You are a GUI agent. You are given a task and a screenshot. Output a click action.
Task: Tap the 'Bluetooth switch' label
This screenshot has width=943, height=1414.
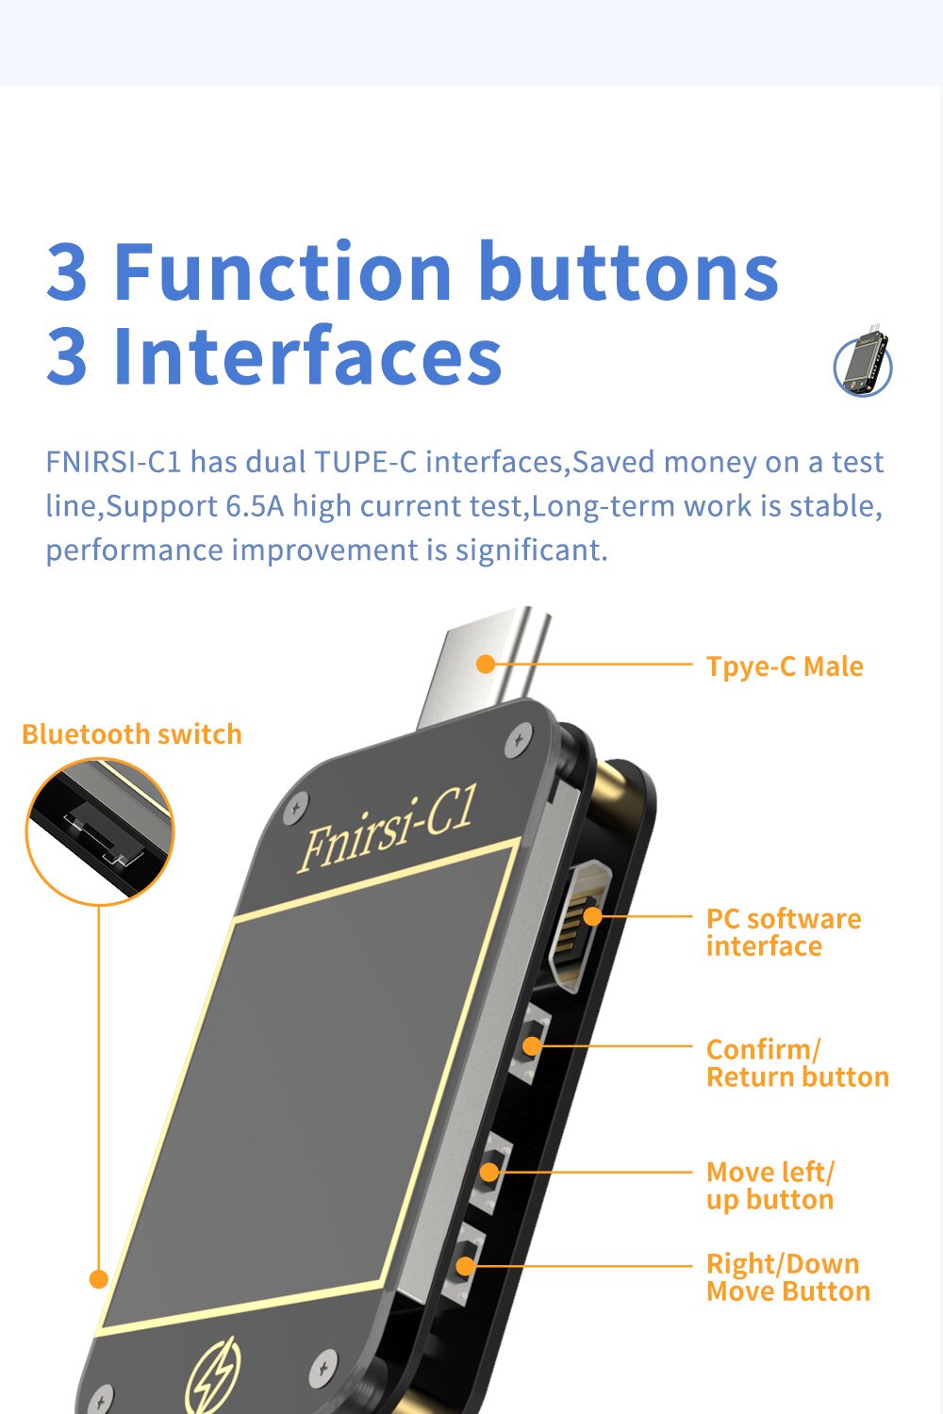tap(132, 734)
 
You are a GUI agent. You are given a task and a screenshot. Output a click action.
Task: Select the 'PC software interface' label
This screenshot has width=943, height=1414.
tap(784, 933)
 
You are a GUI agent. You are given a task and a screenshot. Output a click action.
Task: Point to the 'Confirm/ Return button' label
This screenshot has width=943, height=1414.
tap(797, 1063)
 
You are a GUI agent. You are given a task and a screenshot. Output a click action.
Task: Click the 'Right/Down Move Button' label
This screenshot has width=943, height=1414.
tap(788, 1277)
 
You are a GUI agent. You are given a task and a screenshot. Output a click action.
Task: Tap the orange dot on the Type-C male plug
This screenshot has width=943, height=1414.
tap(486, 664)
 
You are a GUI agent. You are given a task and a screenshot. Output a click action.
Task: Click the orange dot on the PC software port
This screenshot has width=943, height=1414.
tap(592, 916)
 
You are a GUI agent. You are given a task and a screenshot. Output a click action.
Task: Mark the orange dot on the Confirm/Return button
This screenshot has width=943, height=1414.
tap(533, 1046)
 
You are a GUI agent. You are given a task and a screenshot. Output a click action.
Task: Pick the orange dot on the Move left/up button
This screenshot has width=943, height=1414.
tap(488, 1173)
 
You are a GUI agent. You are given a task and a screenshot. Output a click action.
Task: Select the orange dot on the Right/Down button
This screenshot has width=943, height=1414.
tap(466, 1266)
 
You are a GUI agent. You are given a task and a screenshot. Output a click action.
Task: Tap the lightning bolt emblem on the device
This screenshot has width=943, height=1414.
tap(213, 1376)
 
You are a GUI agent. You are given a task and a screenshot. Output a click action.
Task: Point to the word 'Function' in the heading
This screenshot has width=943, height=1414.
tap(282, 271)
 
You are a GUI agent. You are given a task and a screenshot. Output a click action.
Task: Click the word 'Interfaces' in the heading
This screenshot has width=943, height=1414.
tap(307, 354)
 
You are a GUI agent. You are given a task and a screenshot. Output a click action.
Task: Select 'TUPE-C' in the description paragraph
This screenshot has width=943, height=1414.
tap(366, 462)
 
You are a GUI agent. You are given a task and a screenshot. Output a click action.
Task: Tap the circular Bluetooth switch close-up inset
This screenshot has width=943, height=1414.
tap(100, 832)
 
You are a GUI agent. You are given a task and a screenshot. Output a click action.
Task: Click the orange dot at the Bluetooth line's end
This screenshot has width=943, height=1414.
tap(98, 1279)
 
